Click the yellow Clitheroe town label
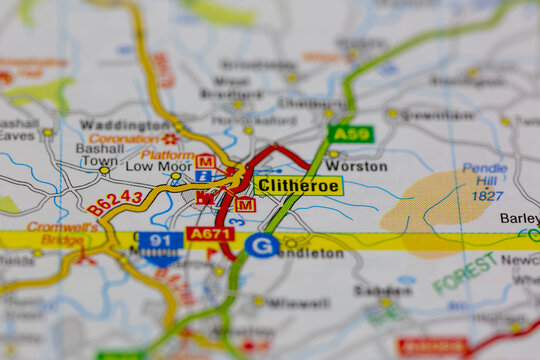coord(298,185)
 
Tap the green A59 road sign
coord(350,134)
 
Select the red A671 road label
coord(210,234)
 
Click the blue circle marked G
coord(262,245)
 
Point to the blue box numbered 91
coord(160,241)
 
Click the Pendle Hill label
coord(485,176)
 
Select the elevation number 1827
coord(487,196)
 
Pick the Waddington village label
coord(124,125)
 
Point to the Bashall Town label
coord(100,154)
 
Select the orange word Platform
coord(167,154)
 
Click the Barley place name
coord(519,218)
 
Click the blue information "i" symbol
coord(203,176)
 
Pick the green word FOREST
coord(465,272)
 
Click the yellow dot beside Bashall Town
coord(104,170)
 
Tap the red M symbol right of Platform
coord(205,161)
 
